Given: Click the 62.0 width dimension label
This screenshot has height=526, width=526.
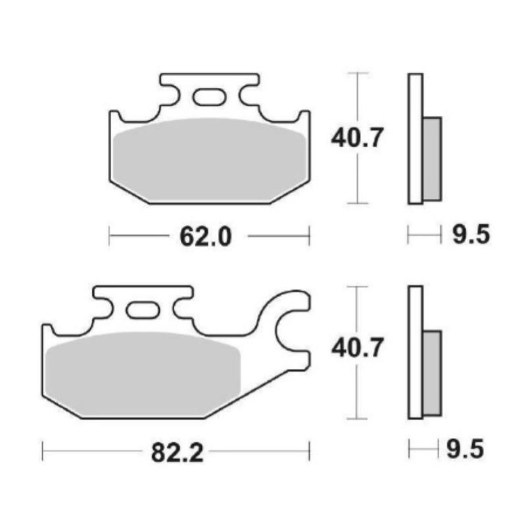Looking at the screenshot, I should tap(206, 235).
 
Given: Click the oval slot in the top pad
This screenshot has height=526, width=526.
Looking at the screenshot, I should tap(209, 97).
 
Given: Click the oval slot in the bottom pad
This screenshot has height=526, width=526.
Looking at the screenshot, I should tap(143, 310).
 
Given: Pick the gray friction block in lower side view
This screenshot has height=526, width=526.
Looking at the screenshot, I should tap(432, 372).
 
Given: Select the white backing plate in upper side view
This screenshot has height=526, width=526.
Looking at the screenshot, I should tap(415, 139).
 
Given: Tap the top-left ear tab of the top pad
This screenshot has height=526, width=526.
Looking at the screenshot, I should tap(115, 118).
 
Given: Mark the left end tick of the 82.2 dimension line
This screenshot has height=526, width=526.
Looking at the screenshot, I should tap(43, 451).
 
